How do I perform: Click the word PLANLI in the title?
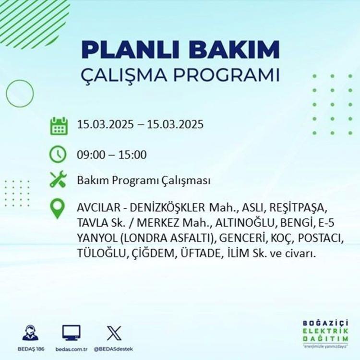[130, 49]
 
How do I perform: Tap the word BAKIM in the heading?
[234, 49]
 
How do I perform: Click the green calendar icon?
[59, 126]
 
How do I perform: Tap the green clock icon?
[58, 154]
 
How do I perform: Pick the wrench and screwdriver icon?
[58, 179]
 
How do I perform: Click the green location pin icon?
[57, 209]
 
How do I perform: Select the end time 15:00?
[132, 155]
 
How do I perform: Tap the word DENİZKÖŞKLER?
[167, 208]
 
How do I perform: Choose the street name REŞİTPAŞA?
[298, 208]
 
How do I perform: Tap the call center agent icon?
[31, 333]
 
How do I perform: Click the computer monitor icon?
[72, 333]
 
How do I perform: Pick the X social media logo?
[114, 333]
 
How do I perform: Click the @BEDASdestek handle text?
[113, 349]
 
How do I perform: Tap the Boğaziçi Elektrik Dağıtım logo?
[325, 334]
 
